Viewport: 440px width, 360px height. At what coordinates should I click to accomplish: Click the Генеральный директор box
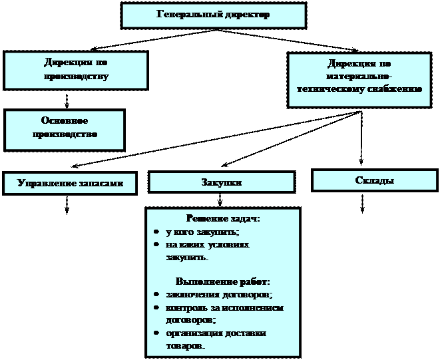[x=213, y=15]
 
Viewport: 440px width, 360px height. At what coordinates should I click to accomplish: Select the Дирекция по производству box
[x=76, y=70]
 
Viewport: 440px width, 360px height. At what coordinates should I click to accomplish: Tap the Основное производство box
[x=65, y=130]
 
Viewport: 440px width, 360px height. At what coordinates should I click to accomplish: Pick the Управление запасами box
[x=70, y=183]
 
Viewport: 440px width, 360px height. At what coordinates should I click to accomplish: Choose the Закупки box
[x=221, y=182]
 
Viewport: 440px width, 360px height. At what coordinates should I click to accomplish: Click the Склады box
[x=375, y=180]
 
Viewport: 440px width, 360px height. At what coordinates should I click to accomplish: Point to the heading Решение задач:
[x=222, y=218]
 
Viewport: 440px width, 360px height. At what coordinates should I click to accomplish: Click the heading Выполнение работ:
[x=222, y=281]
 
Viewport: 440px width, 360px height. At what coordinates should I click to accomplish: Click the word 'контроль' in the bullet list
[x=185, y=308]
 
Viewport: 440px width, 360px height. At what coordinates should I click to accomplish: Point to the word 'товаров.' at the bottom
[x=185, y=346]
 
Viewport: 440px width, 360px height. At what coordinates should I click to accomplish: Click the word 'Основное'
[x=65, y=121]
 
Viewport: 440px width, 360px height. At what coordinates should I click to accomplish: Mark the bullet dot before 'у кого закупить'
[x=154, y=232]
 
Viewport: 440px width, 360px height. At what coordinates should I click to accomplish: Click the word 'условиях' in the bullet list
[x=230, y=245]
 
